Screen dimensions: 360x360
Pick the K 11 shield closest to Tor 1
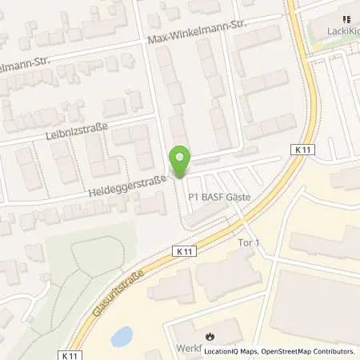tap(183, 250)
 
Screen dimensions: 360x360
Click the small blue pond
tap(121, 337)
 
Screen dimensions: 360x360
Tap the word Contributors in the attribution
tap(330, 350)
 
